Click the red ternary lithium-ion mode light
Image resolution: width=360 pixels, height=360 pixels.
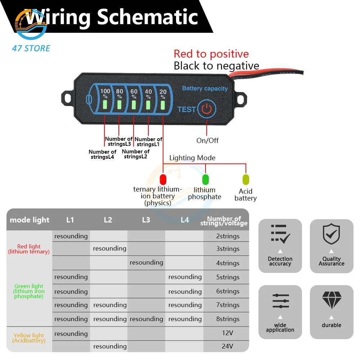(163, 179)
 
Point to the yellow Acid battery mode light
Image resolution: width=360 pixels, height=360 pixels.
(246, 179)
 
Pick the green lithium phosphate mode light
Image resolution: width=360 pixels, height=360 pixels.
(206, 179)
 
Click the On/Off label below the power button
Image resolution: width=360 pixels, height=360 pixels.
(207, 140)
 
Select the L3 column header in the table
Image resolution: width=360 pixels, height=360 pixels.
(146, 220)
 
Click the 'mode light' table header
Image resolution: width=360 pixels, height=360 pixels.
(30, 220)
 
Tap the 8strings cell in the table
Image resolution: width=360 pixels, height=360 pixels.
(228, 319)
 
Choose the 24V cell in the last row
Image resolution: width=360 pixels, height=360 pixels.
(228, 346)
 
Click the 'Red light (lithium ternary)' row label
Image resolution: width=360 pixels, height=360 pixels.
(29, 249)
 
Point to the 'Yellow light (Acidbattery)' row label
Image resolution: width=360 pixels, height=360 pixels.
(29, 338)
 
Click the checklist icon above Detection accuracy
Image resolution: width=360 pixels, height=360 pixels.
(280, 234)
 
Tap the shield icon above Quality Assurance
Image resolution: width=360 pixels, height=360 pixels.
(331, 234)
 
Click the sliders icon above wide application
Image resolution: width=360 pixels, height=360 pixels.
(280, 301)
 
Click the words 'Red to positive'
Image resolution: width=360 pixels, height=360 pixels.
(211, 54)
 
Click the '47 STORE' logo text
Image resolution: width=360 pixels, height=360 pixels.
(31, 48)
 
